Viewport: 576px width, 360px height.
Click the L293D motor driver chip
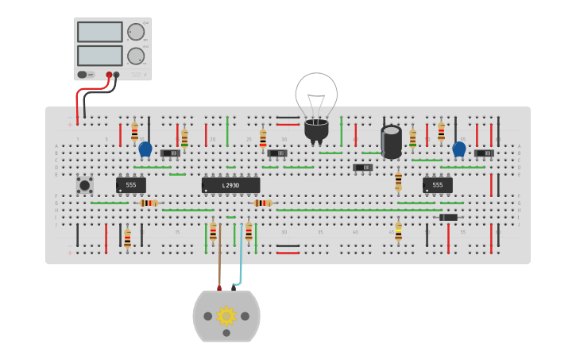pos(230,185)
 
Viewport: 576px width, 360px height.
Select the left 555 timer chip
pos(131,185)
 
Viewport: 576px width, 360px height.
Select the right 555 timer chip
pos(438,185)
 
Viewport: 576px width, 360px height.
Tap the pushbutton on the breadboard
pos(84,185)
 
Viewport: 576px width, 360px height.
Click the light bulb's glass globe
pos(316,93)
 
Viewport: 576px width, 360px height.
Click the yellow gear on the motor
pos(226,316)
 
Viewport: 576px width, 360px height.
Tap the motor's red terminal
pos(220,288)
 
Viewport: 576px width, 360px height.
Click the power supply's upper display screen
pos(100,32)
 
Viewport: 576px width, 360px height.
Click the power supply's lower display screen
pos(100,56)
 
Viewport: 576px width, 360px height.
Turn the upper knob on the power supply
pos(136,32)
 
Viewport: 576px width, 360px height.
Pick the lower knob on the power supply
pos(136,56)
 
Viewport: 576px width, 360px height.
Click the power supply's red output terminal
pos(109,75)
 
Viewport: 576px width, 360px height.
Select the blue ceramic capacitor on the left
pos(145,149)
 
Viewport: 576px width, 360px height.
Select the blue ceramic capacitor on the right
pos(458,149)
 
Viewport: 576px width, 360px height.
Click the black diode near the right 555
pos(449,217)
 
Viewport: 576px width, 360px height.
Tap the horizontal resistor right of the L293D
pos(262,203)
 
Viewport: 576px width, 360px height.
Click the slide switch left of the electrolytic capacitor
pos(362,168)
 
